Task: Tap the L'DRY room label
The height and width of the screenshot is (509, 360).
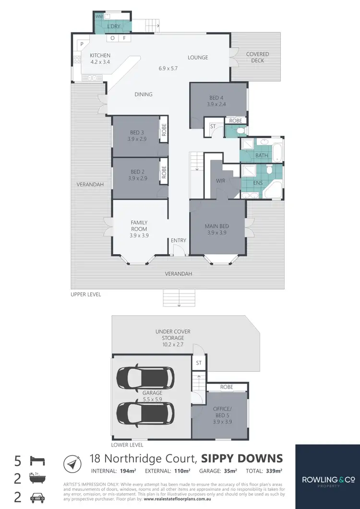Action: [113, 26]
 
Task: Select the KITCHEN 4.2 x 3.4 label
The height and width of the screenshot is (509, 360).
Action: [100, 59]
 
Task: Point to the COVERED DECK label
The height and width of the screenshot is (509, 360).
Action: [257, 57]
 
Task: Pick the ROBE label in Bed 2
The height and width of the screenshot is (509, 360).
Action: [164, 172]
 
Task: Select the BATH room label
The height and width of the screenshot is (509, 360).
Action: [262, 155]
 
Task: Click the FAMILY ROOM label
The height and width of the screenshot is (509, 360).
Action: [139, 229]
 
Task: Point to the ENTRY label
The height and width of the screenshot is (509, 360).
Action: [179, 240]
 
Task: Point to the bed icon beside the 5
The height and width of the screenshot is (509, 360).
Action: [38, 462]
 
